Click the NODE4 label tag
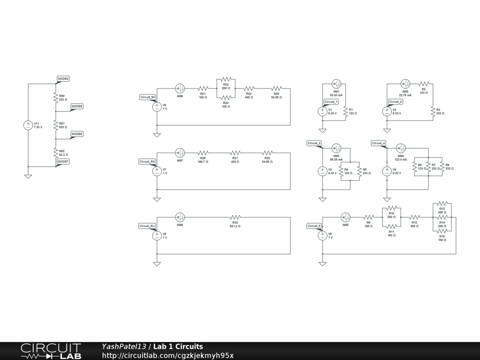[x=63, y=79]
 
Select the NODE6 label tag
[x=77, y=134]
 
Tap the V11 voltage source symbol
[x=28, y=125]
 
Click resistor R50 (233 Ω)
[x=55, y=97]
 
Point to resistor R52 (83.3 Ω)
[x=55, y=153]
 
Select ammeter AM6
[x=180, y=88]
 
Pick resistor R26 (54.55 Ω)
[x=277, y=88]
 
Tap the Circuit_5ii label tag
[x=148, y=97]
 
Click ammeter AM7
[x=180, y=153]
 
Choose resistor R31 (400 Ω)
[x=235, y=153]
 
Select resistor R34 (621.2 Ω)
[x=235, y=217]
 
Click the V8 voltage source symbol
[x=157, y=236]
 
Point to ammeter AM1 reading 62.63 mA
[x=336, y=84]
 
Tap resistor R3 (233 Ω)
[x=433, y=111]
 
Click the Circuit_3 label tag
[x=314, y=143]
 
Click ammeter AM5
[x=345, y=217]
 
